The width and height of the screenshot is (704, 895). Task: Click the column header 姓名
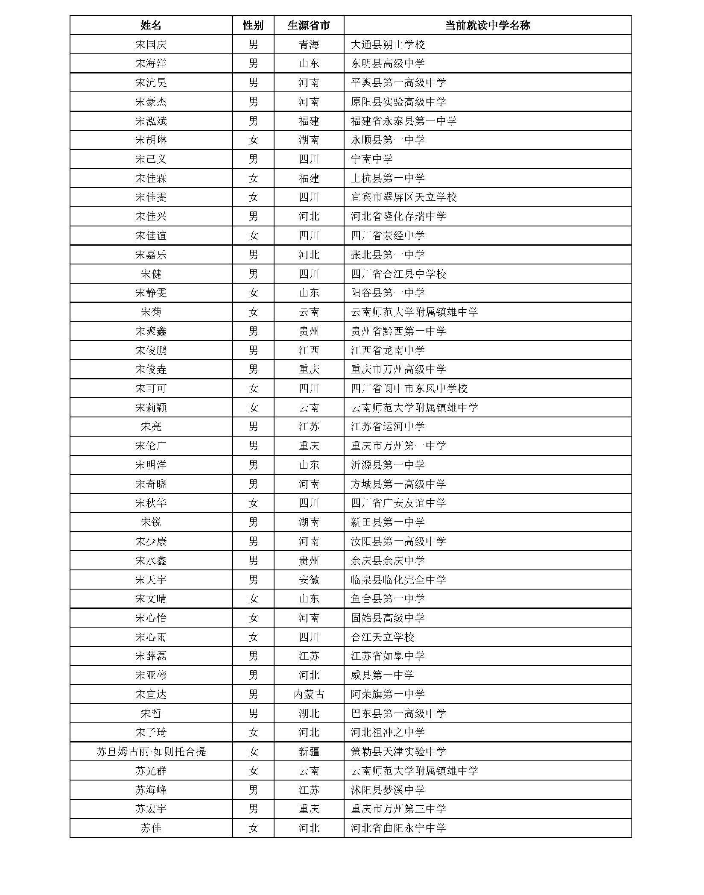click(151, 25)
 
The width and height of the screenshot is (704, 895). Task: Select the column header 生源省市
click(309, 25)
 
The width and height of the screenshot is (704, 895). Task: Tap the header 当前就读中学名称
click(487, 25)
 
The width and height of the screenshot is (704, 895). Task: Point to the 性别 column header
click(253, 25)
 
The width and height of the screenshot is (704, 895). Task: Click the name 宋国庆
click(151, 44)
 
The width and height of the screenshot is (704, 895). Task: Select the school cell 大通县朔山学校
click(388, 44)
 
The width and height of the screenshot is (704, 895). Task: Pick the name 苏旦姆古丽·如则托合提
click(151, 751)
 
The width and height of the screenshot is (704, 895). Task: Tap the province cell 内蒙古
click(309, 694)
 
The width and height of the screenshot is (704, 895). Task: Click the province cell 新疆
click(309, 751)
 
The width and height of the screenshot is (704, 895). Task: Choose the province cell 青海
click(309, 44)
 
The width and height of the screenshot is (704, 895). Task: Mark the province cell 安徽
click(309, 580)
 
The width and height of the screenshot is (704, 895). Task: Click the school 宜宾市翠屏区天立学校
click(403, 197)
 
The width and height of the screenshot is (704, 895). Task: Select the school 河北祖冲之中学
click(388, 732)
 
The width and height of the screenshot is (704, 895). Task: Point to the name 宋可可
click(151, 388)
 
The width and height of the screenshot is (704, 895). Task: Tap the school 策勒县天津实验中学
click(398, 751)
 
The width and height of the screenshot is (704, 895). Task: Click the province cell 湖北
click(309, 713)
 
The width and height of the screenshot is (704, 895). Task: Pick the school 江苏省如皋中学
click(388, 656)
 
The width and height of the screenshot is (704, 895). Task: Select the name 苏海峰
click(151, 790)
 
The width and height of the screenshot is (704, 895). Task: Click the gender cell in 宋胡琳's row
click(253, 140)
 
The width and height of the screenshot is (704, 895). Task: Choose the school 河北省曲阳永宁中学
click(398, 828)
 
